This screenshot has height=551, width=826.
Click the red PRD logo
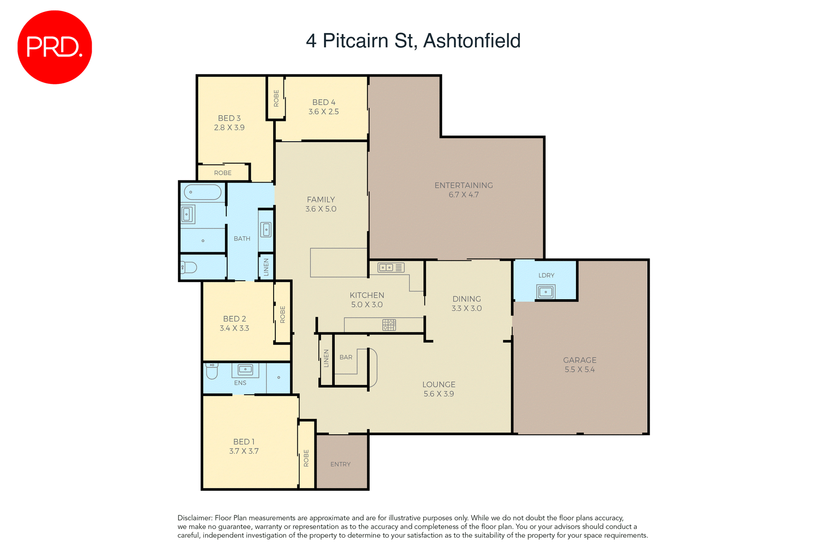(55, 47)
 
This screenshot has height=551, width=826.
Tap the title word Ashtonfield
(472, 41)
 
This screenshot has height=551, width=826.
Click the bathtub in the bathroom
(203, 192)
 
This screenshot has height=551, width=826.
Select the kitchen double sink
(386, 268)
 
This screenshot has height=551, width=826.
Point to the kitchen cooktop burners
(389, 325)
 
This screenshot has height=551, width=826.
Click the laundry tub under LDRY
(546, 292)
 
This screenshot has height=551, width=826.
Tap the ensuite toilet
(212, 371)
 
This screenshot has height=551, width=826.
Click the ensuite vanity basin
(245, 369)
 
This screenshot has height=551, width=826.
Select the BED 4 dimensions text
(324, 112)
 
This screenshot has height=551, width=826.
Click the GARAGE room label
(579, 360)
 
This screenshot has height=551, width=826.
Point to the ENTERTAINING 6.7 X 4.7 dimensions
(463, 195)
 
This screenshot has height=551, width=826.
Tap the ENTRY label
(340, 464)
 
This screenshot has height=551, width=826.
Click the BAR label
(346, 357)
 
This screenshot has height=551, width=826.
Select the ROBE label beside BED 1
(306, 458)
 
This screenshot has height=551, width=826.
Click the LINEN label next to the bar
(326, 358)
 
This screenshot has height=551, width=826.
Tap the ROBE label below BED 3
(223, 173)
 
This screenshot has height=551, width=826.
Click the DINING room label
(466, 299)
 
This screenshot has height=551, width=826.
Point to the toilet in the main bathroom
(188, 267)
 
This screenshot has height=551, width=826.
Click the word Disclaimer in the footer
(194, 518)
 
